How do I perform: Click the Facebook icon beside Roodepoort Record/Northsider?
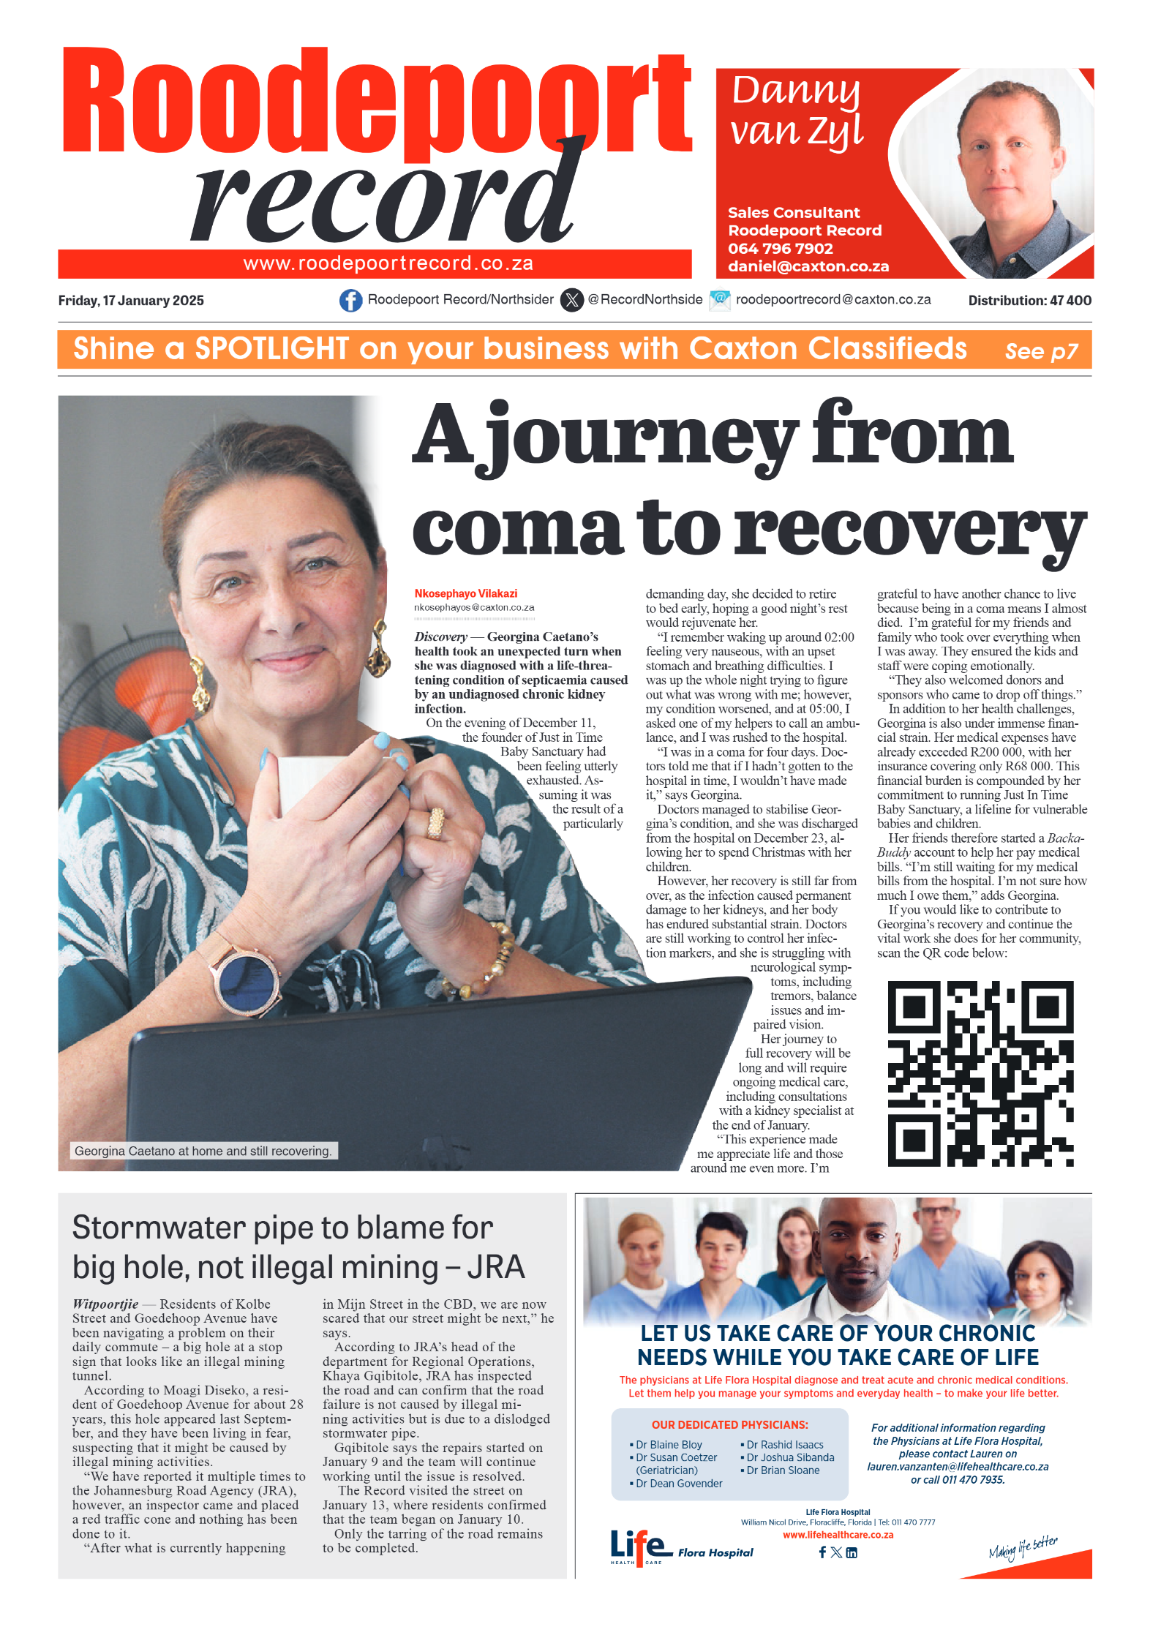click(x=350, y=300)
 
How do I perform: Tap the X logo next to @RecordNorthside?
click(x=571, y=300)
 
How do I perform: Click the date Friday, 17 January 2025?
click(x=131, y=301)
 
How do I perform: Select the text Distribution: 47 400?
click(x=1029, y=301)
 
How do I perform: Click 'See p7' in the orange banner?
click(x=1041, y=352)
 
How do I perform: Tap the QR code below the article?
click(x=980, y=1073)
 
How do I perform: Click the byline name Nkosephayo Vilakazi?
click(x=466, y=593)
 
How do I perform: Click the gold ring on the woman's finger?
click(x=436, y=823)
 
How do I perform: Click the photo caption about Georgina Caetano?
click(x=203, y=1151)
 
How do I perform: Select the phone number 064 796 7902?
click(x=780, y=249)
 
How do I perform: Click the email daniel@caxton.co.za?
click(x=808, y=267)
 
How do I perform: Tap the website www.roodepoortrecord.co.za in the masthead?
click(x=388, y=263)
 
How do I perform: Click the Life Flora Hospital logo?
click(x=680, y=1547)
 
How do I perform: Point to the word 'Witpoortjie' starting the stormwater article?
click(x=105, y=1304)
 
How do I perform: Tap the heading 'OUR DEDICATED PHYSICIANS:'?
click(x=729, y=1425)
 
